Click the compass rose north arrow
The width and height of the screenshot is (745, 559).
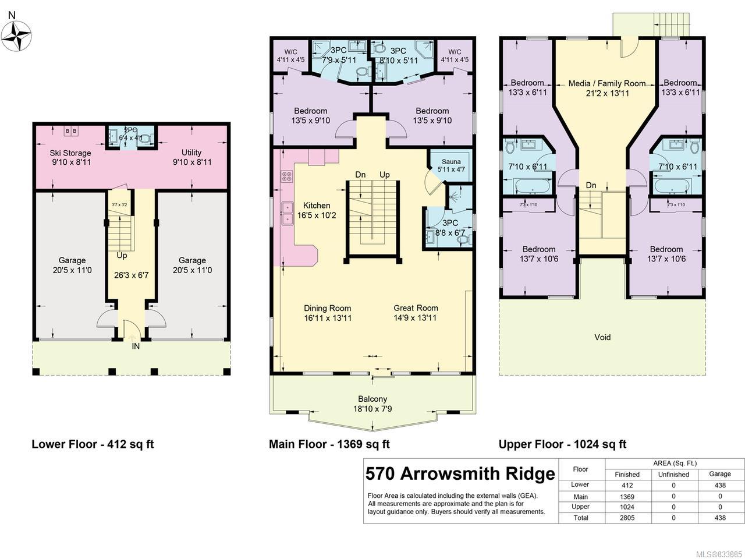click(x=16, y=35)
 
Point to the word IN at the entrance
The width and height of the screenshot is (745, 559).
click(x=136, y=346)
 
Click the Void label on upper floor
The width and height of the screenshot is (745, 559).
click(x=602, y=337)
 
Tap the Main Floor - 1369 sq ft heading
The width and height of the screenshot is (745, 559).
click(x=329, y=444)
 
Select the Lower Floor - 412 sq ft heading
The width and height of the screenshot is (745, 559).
click(x=93, y=444)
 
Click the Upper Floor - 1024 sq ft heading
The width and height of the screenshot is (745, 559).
click(x=562, y=444)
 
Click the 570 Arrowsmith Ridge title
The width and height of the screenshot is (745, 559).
click(x=460, y=474)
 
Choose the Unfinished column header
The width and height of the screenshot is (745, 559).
click(x=673, y=475)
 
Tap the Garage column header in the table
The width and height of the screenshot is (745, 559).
click(x=720, y=475)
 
